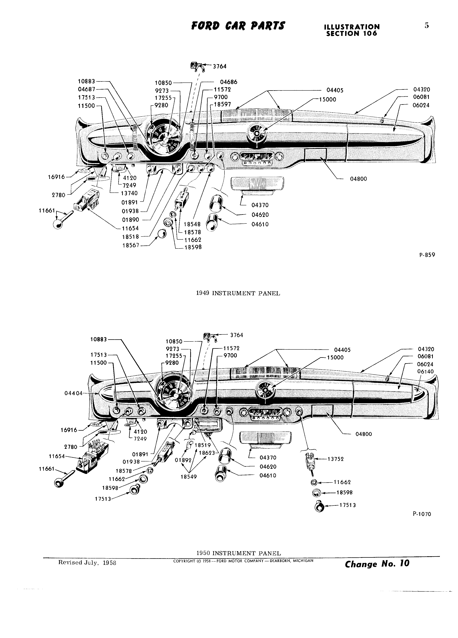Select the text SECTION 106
(x=351, y=34)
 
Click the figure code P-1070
(x=422, y=514)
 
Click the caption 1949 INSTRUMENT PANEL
(x=238, y=293)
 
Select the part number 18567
(x=131, y=245)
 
